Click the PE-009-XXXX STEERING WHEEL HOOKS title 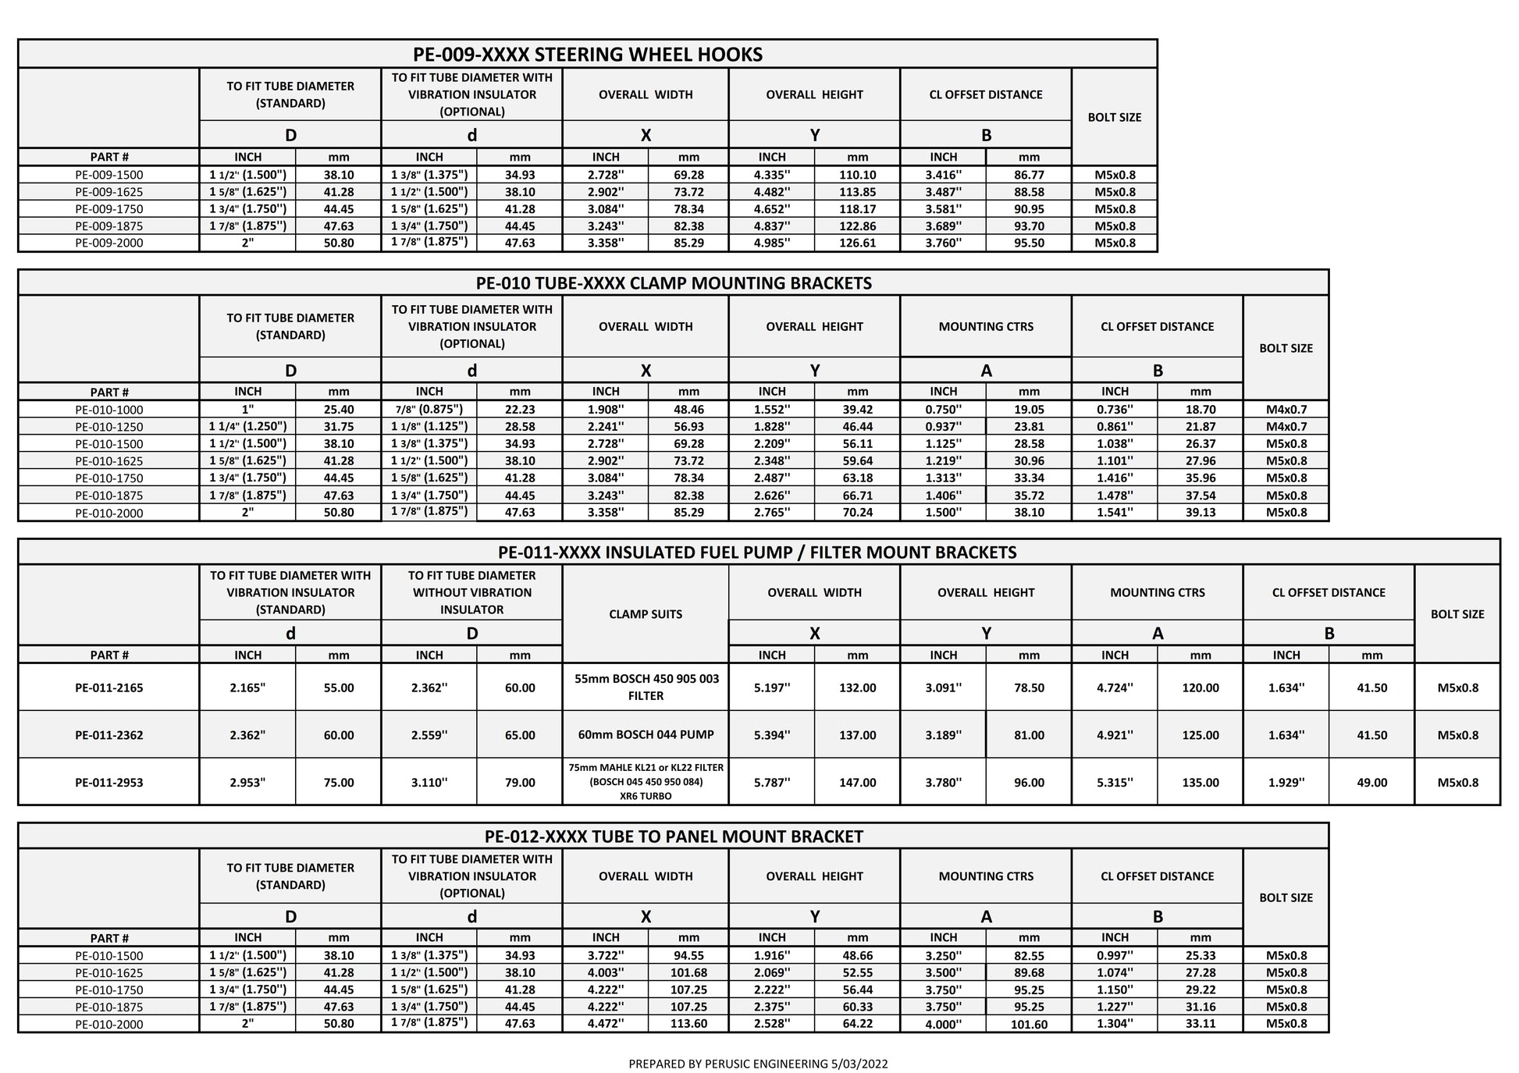587,54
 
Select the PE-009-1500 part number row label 109,175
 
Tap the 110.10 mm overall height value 857,175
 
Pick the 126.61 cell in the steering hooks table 857,243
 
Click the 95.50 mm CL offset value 1029,243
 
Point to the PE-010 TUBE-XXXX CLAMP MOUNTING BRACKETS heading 673,282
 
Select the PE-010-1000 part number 109,410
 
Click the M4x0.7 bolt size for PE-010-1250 1286,427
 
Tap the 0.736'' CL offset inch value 1115,410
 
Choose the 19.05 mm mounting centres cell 1029,410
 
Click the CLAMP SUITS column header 646,614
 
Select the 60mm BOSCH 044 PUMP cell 646,734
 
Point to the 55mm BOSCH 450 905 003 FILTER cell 646,687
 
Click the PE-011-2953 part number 109,782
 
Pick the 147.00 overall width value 857,782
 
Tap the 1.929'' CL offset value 1286,782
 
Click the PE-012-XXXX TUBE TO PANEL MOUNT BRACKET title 673,837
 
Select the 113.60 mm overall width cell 688,1024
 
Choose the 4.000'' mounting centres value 943,1024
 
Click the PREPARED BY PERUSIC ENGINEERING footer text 758,1064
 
